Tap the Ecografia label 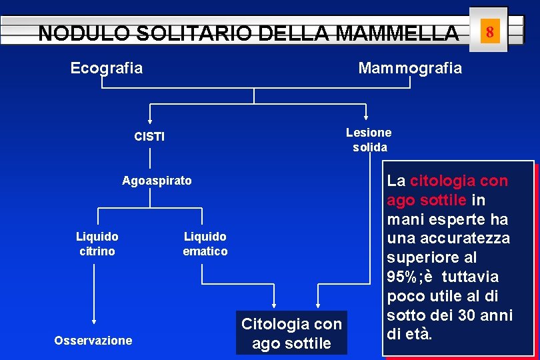pyautogui.click(x=107, y=68)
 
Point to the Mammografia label pyautogui.click(x=409, y=68)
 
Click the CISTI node pyautogui.click(x=149, y=137)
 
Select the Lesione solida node pyautogui.click(x=369, y=140)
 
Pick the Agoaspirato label pyautogui.click(x=157, y=181)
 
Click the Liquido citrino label pyautogui.click(x=97, y=244)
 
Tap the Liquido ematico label pyautogui.click(x=205, y=244)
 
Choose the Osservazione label pyautogui.click(x=93, y=341)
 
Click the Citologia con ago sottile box pyautogui.click(x=291, y=333)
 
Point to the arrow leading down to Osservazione pyautogui.click(x=94, y=313)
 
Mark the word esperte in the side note pyautogui.click(x=454, y=219)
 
